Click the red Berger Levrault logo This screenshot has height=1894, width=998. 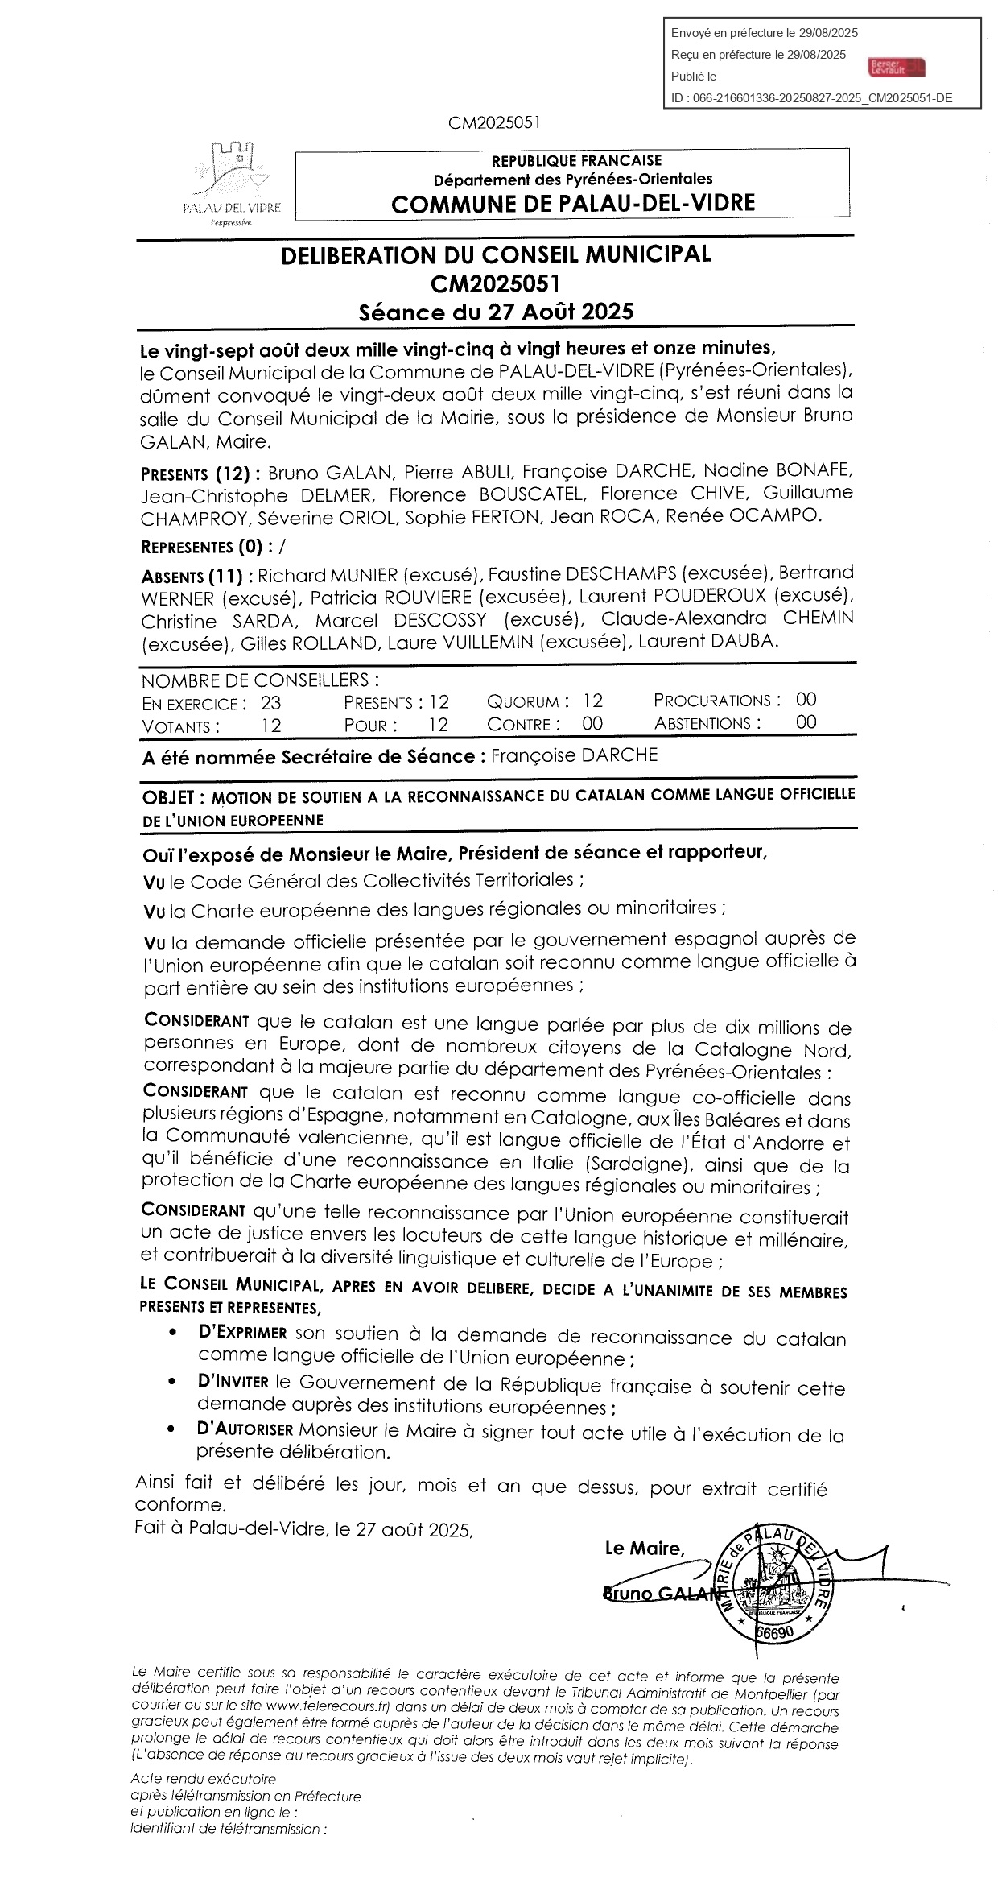[897, 67]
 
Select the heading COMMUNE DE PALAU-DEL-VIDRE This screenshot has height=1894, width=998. [573, 203]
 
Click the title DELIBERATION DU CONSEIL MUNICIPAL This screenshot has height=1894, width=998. [496, 255]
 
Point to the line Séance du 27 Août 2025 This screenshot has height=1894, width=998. [496, 312]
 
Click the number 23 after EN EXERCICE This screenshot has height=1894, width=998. [270, 703]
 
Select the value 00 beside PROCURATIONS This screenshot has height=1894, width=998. [806, 700]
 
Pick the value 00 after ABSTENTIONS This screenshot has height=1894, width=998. [806, 722]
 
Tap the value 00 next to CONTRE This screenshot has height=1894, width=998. [592, 724]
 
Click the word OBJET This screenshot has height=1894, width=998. [168, 797]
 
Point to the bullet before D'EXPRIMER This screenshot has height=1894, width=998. [172, 1334]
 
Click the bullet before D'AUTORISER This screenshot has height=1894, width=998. [172, 1429]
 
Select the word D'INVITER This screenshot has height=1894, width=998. [233, 1382]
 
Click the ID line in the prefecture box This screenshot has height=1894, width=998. [811, 98]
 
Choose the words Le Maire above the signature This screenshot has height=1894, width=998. [644, 1548]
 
